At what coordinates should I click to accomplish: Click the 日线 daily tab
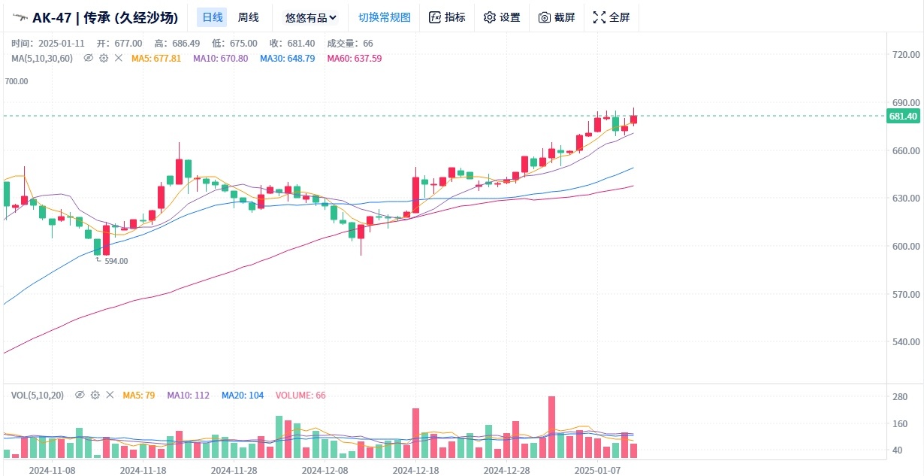pos(212,17)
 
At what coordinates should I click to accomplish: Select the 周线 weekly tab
pos(248,17)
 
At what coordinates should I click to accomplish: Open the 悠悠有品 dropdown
pos(311,17)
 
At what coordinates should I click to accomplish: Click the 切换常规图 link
pos(385,17)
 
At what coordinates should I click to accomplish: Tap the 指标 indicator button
pos(447,17)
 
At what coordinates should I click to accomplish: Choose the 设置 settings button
pos(502,17)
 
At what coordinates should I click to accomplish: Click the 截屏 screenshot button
pos(557,17)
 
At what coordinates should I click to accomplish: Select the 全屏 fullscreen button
pos(611,17)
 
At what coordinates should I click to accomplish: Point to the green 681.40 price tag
pos(903,116)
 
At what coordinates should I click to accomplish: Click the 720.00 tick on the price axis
pos(905,54)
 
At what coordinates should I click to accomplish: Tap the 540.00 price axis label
pos(905,342)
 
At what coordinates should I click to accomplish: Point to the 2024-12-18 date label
pos(415,469)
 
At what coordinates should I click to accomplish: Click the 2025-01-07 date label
pos(596,469)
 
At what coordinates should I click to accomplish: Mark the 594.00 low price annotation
pos(115,261)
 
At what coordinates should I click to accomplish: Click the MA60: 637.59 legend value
pos(355,58)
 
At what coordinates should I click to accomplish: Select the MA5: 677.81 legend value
pos(156,58)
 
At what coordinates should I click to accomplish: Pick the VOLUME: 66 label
pos(300,395)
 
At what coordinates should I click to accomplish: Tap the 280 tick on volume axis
pos(899,397)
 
